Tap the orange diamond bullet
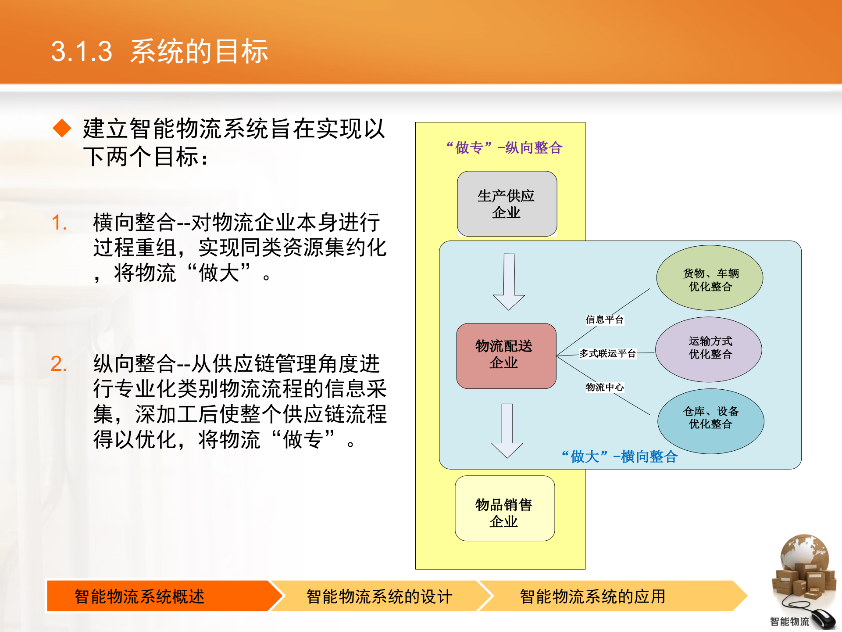point(62,128)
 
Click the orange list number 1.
point(59,223)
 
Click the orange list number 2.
point(59,364)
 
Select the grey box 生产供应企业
point(507,204)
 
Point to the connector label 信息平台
point(604,320)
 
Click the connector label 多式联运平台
point(607,353)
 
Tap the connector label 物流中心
point(604,387)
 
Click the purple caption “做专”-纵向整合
point(504,148)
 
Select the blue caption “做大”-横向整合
point(619,457)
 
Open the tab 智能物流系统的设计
point(379,596)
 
